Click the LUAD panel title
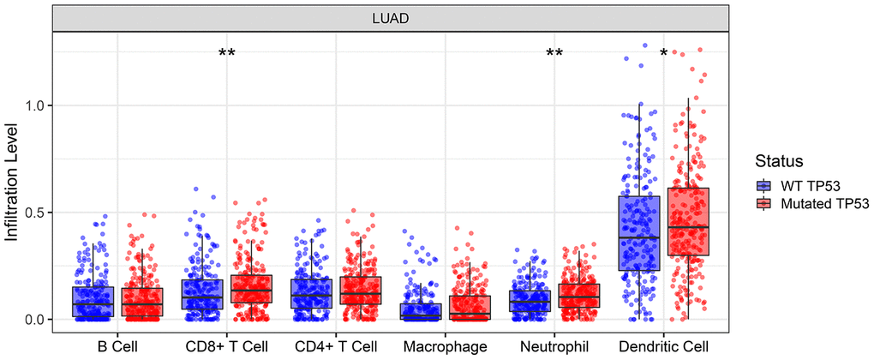point(390,16)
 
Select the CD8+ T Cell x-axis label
point(226,346)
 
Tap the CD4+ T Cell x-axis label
point(335,346)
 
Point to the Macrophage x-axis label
point(445,346)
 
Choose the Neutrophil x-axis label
point(554,346)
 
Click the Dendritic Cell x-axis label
point(664,346)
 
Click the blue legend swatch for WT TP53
point(764,185)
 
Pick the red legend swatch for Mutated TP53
point(764,204)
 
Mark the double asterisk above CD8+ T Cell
point(226,54)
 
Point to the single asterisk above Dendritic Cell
point(663,54)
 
